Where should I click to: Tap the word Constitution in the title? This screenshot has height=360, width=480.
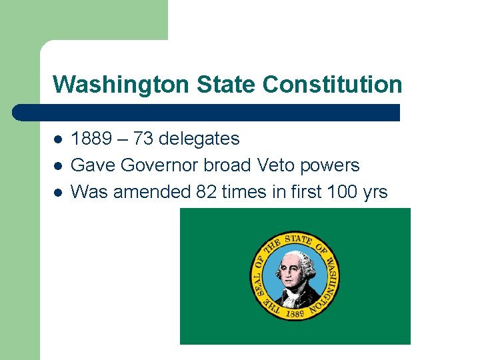tap(333, 85)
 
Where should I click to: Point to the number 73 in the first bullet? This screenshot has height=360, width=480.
tap(143, 139)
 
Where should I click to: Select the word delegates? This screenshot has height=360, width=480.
tap(199, 139)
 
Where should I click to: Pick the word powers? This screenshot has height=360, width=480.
tap(335, 165)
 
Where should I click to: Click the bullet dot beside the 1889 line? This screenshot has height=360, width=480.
tap(57, 139)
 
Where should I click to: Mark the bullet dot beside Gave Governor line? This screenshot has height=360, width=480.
tap(57, 166)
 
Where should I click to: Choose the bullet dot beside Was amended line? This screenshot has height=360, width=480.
tap(57, 193)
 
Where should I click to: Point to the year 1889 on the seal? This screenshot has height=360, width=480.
tap(295, 311)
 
